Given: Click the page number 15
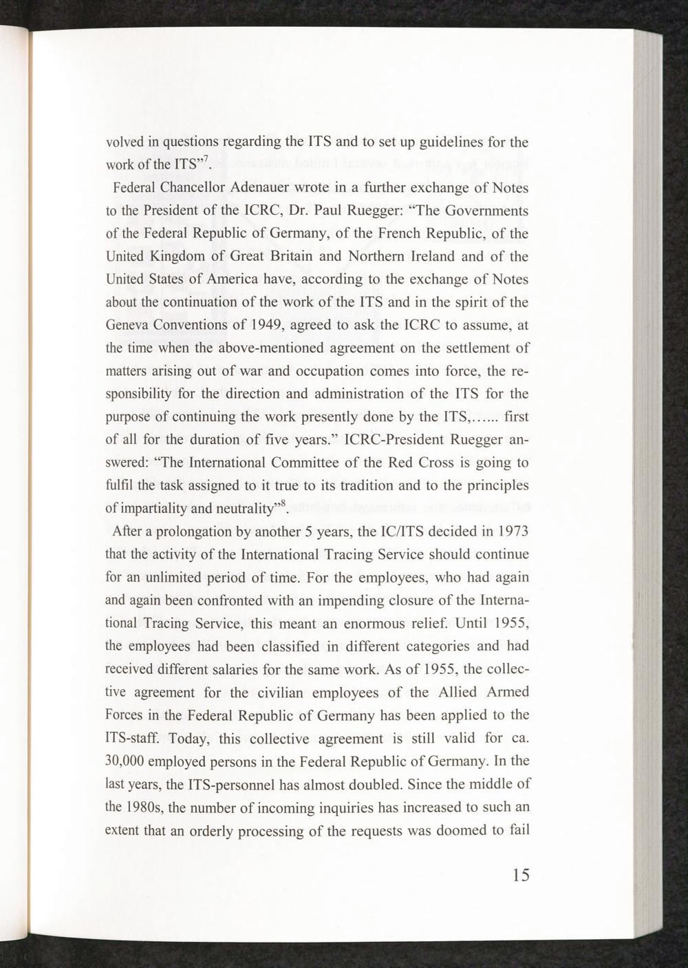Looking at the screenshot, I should [521, 875].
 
